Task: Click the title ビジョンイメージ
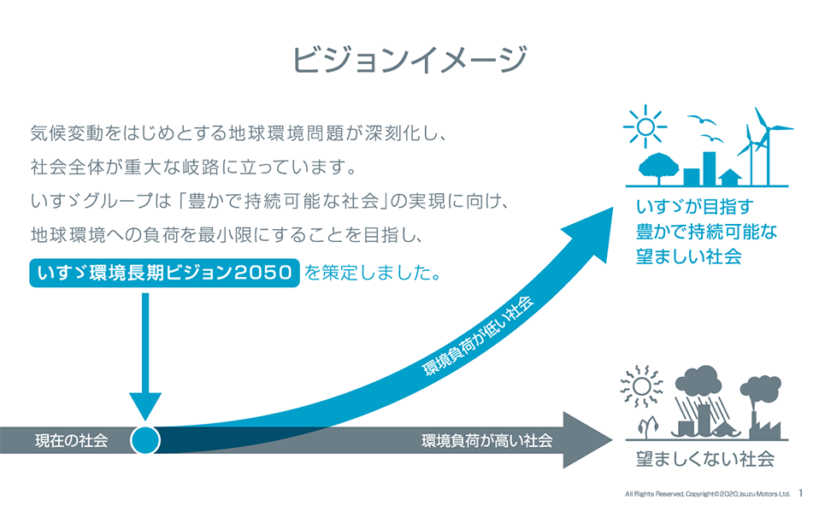(409, 60)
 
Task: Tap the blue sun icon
(645, 127)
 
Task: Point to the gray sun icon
(641, 386)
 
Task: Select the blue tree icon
(658, 168)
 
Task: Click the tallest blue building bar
(709, 168)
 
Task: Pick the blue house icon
(730, 177)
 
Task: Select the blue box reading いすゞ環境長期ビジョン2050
(164, 273)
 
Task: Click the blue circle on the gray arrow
(145, 440)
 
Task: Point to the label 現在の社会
(72, 440)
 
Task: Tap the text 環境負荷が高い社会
(486, 440)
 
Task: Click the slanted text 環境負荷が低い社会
(478, 336)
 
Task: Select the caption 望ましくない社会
(705, 459)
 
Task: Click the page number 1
(801, 493)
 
